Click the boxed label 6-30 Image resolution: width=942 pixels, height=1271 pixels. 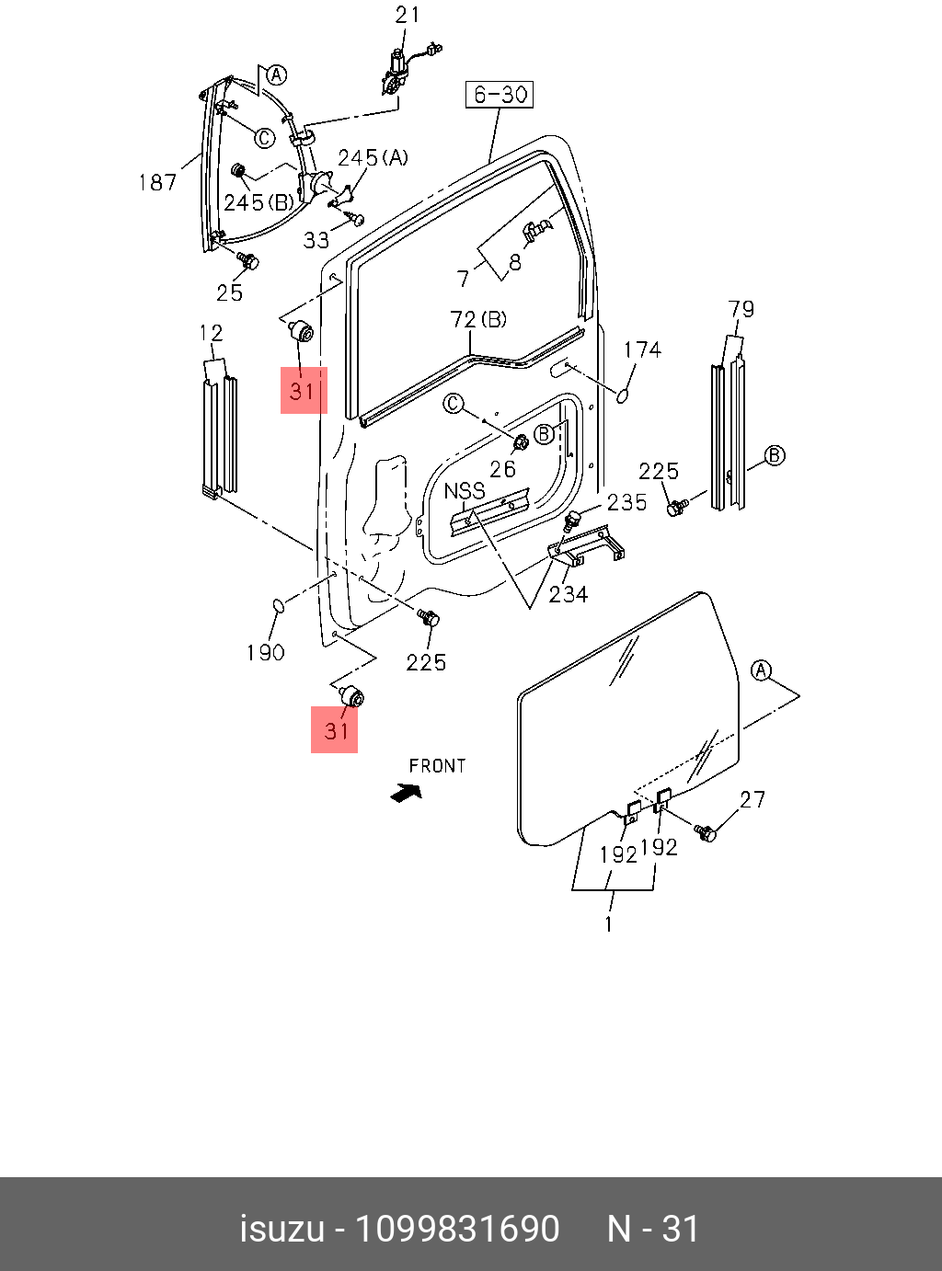(x=500, y=94)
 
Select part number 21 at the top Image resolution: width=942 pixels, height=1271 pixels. (x=408, y=15)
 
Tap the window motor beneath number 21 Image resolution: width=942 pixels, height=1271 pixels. (x=396, y=72)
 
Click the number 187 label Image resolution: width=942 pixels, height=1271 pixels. (x=157, y=182)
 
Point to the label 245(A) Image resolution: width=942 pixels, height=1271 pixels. (x=373, y=158)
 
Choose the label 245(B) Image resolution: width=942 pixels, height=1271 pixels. (x=258, y=201)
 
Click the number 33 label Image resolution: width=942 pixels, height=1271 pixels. (x=316, y=240)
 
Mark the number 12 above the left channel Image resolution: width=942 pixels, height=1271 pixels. (x=212, y=333)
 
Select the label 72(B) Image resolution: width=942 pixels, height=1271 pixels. (x=478, y=319)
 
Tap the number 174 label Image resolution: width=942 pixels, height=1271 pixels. (x=642, y=349)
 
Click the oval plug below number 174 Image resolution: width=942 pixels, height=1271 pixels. (x=623, y=395)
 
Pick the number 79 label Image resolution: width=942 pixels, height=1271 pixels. (x=741, y=309)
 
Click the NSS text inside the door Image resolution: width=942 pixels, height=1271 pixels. (x=465, y=491)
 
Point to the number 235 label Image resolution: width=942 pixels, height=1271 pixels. (x=626, y=502)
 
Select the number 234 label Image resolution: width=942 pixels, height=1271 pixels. (x=569, y=594)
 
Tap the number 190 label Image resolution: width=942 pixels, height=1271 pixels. (x=265, y=652)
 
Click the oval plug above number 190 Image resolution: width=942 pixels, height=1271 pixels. (x=278, y=604)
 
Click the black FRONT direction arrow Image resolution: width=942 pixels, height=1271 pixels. (x=406, y=791)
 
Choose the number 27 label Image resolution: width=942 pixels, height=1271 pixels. (x=752, y=799)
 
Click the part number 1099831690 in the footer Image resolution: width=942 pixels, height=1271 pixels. (x=457, y=1229)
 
